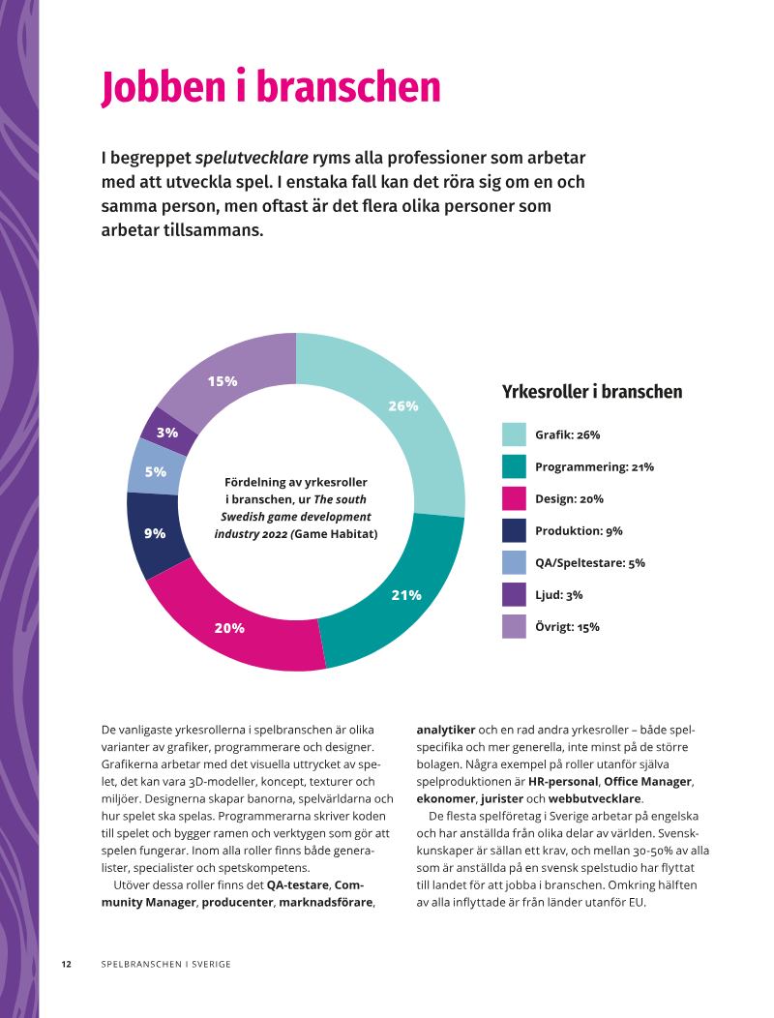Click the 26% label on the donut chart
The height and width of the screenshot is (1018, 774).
pos(403,405)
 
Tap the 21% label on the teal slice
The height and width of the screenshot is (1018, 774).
pos(406,595)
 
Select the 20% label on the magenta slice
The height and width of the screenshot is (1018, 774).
pos(230,628)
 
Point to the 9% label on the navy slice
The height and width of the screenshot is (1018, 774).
pos(155,533)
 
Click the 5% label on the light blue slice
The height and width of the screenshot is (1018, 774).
pos(156,472)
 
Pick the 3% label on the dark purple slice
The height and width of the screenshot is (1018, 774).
pos(167,433)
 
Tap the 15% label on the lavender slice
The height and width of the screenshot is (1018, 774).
pos(223,381)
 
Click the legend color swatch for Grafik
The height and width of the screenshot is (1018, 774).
pos(514,434)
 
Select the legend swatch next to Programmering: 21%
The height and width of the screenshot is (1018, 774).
pos(514,466)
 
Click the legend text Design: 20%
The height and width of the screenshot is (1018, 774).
pos(570,498)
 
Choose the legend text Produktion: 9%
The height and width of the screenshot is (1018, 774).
pos(580,530)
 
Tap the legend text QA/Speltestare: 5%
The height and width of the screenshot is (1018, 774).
pos(590,563)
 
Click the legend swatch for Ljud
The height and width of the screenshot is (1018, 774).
pos(514,595)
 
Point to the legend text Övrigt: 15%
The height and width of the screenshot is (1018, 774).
pos(568,626)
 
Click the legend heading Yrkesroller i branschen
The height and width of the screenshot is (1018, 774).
pos(592,392)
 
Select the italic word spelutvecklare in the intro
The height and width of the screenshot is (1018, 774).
pos(252,158)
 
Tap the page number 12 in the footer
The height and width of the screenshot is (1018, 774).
pos(66,964)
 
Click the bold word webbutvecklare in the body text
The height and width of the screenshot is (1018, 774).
pos(595,798)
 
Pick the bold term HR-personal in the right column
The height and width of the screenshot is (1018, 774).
pos(563,782)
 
